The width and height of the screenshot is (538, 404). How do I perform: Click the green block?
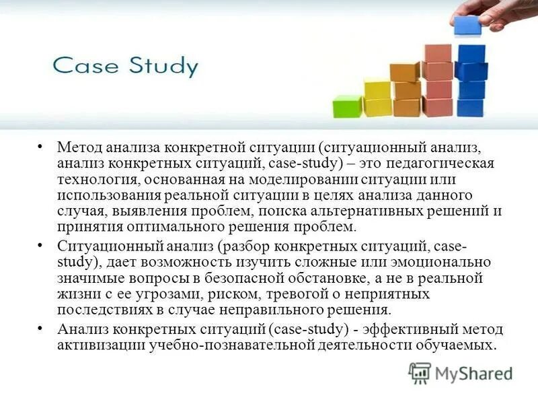347,106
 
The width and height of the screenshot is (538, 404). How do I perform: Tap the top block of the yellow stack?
377,89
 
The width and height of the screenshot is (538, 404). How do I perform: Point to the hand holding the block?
498,12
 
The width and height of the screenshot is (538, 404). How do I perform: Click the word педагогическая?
440,164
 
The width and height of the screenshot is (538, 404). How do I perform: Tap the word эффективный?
408,329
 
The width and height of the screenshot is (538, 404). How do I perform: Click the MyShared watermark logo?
461,373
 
